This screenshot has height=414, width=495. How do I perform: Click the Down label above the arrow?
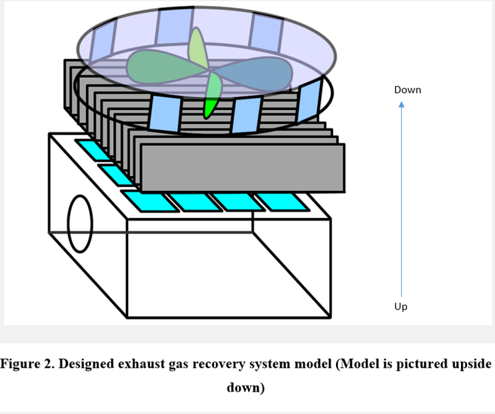pyautogui.click(x=407, y=90)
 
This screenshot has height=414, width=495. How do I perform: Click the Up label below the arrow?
pyautogui.click(x=401, y=307)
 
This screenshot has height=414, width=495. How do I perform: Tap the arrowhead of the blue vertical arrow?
pyautogui.click(x=402, y=105)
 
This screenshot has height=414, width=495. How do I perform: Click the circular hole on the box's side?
pyautogui.click(x=80, y=224)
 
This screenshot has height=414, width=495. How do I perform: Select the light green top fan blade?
pyautogui.click(x=197, y=50)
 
